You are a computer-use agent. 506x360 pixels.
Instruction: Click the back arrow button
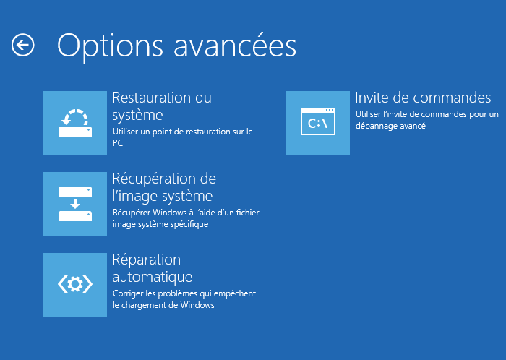[23, 46]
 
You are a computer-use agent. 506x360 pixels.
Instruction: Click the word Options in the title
[102, 46]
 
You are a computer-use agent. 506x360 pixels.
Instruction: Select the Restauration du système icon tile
[75, 123]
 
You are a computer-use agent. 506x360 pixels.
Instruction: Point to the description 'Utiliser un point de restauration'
[182, 132]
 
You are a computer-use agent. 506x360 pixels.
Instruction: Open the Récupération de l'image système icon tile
[75, 204]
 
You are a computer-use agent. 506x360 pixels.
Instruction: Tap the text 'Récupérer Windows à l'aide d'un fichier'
[186, 213]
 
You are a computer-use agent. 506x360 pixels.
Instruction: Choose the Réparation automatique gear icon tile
[75, 285]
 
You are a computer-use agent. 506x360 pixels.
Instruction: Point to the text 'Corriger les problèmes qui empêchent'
[184, 293]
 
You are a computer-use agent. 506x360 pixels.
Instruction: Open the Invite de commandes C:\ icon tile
[318, 123]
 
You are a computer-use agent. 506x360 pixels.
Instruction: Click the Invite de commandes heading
[423, 98]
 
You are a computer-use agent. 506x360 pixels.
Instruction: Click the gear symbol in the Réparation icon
[75, 285]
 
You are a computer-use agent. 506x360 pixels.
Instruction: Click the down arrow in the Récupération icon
[75, 204]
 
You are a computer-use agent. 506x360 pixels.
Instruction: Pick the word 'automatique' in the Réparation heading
[152, 277]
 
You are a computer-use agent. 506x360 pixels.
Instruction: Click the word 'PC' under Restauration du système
[118, 143]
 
